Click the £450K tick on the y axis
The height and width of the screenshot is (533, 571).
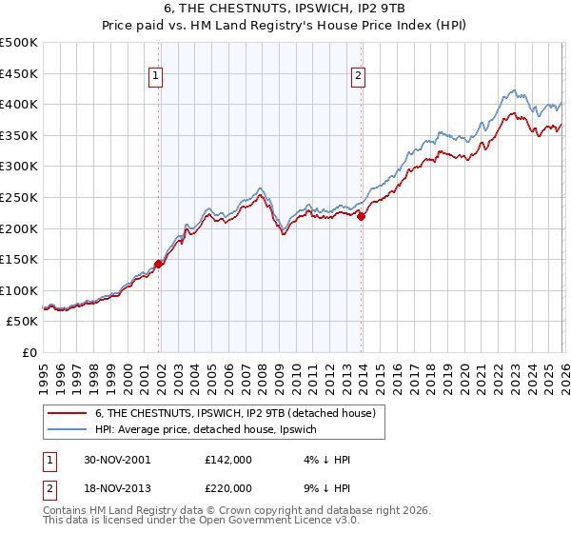coord(19,73)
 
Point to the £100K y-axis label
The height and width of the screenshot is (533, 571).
coord(19,290)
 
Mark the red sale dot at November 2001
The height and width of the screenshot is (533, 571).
coord(159,265)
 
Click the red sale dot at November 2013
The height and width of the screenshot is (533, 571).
coord(362,216)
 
